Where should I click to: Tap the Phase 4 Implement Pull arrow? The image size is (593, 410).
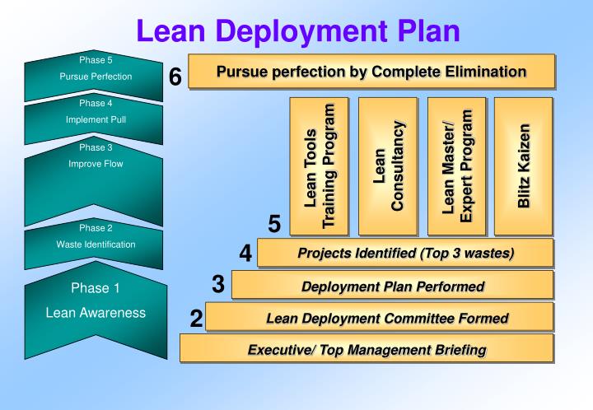point(95,119)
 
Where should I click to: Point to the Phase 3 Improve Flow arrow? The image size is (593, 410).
point(95,177)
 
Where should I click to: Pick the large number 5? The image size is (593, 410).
point(275,225)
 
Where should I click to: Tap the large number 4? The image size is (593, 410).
point(245,253)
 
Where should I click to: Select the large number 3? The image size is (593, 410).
point(217,284)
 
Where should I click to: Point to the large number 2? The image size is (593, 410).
point(195,318)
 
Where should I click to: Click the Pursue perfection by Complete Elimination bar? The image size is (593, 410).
point(371,71)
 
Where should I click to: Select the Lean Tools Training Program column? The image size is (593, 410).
point(318,166)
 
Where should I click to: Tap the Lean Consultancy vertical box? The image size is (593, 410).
point(387,166)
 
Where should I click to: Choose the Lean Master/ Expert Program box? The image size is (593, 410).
point(456,166)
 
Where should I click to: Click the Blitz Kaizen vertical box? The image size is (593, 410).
point(524,166)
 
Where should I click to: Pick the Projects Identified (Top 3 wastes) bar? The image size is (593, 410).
point(404,253)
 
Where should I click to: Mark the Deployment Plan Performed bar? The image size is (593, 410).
point(392,286)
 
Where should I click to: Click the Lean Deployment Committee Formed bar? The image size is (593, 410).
point(379,317)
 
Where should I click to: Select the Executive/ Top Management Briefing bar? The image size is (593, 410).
point(366,349)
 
